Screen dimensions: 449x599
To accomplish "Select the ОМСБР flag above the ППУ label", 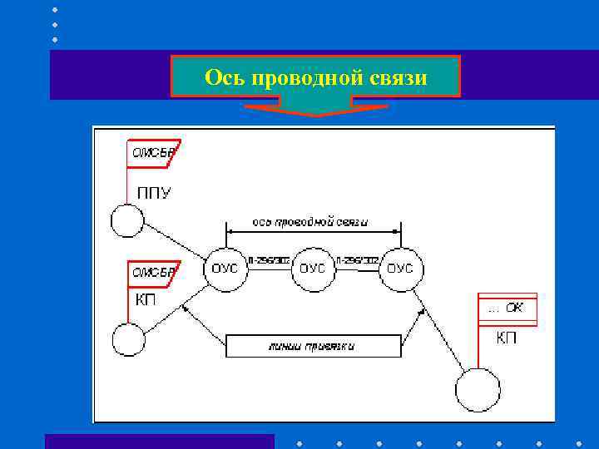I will point(153,153).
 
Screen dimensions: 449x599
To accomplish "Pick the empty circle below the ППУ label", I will point(127,221).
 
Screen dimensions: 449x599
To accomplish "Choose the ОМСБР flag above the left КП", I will point(153,273).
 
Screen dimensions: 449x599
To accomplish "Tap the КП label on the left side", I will point(145,299).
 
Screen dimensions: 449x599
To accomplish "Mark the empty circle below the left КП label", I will point(128,340).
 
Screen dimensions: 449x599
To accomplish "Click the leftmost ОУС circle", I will point(225,269).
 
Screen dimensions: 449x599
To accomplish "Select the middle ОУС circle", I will point(312,269).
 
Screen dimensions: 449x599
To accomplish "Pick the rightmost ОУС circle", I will point(400,269).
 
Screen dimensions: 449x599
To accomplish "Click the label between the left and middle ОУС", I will point(268,261).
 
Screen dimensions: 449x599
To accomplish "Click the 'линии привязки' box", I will point(313,346).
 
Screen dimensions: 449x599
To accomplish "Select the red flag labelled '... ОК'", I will point(507,308).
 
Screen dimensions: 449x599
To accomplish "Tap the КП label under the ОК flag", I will point(506,338).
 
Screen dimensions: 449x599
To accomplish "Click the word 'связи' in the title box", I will point(402,78).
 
